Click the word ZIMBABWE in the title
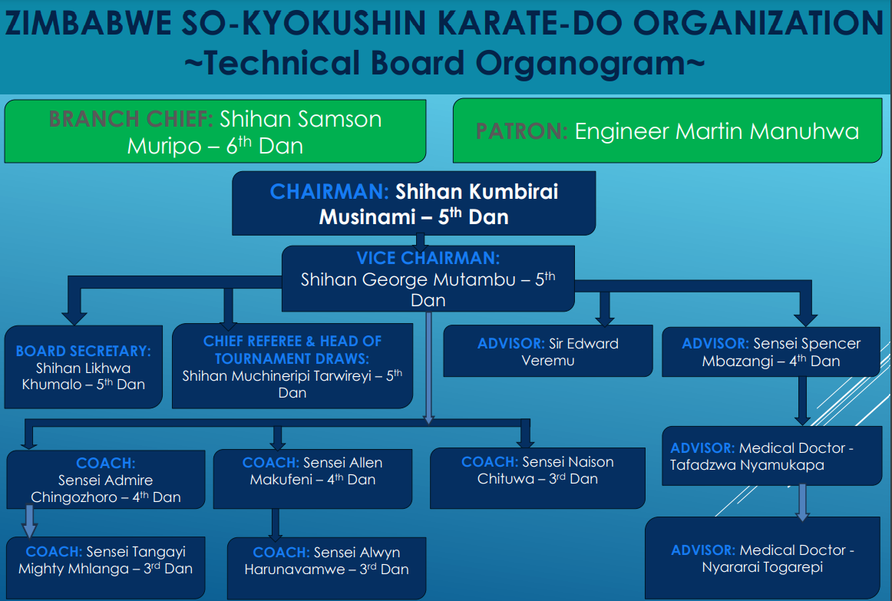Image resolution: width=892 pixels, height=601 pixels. (x=89, y=23)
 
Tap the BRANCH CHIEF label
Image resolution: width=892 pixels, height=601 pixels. (x=130, y=119)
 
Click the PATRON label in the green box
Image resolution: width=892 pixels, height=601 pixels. (x=522, y=131)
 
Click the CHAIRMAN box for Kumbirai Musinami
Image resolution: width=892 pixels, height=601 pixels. (x=414, y=203)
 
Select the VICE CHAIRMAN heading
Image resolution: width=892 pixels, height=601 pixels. (x=428, y=258)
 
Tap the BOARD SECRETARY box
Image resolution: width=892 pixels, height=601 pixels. (x=83, y=367)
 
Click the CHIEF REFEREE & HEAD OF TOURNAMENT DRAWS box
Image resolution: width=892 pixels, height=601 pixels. (x=292, y=365)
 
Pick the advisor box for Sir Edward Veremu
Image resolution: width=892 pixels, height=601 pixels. (x=548, y=351)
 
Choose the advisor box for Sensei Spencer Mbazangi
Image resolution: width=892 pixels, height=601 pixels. (x=771, y=352)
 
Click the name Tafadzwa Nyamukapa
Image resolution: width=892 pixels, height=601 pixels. (x=747, y=465)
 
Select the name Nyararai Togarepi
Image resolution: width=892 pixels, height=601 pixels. (x=762, y=567)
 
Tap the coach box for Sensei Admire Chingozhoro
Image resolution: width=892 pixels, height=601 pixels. (x=106, y=479)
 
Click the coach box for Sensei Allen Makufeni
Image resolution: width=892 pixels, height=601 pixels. (x=312, y=478)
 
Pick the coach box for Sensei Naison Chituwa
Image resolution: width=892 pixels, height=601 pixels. (x=537, y=477)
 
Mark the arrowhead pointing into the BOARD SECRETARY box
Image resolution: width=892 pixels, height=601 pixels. (x=74, y=318)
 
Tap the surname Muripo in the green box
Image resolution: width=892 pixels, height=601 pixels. (x=164, y=146)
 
